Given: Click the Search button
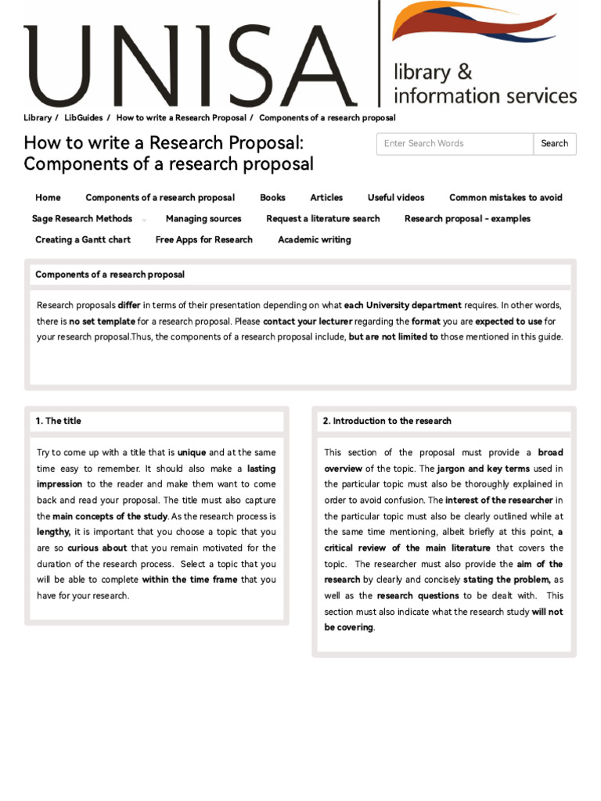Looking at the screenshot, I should coord(554,144).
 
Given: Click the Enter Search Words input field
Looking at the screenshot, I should coord(455,144).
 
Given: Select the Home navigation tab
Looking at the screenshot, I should coord(48,198).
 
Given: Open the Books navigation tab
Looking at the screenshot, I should coord(272,198).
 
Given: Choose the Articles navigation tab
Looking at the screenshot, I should coord(326,198).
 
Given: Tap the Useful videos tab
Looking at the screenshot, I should coord(396,198).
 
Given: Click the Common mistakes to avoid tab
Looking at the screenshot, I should coord(506,198).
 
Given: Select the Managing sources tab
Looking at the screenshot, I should coord(203,219).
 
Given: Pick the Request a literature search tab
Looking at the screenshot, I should coord(322,219).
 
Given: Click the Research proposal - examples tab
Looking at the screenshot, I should coord(467,219).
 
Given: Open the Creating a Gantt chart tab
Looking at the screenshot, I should coord(83,240).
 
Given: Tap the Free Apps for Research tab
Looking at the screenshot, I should coord(203,240).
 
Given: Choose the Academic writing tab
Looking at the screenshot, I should coord(314,240).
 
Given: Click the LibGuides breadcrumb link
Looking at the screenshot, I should coord(84,118).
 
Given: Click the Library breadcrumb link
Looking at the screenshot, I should coord(38,118).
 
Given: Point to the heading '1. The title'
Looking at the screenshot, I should coord(58,421).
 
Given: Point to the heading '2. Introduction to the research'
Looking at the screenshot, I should coord(387,421).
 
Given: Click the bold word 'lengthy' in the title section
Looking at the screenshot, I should coord(53,532).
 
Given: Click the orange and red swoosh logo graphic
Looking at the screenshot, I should coord(474,23).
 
